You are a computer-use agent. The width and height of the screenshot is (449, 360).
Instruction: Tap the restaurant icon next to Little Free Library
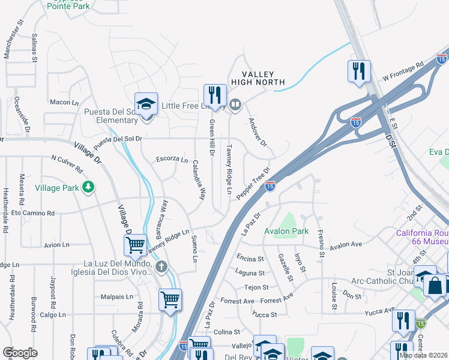(215, 95)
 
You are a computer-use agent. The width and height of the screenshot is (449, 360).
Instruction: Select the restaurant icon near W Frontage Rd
(358, 71)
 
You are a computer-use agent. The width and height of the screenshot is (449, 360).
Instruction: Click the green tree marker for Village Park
(88, 187)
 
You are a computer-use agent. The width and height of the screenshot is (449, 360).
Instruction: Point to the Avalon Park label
(286, 231)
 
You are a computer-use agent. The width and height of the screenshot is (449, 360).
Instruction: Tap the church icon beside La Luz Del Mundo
(160, 266)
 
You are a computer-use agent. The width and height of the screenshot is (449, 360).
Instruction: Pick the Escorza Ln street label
(172, 159)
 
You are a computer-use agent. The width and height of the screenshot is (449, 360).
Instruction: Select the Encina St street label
(250, 259)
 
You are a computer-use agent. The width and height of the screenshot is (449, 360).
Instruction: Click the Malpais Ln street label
(116, 296)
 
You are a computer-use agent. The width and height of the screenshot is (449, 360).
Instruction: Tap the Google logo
(20, 352)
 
